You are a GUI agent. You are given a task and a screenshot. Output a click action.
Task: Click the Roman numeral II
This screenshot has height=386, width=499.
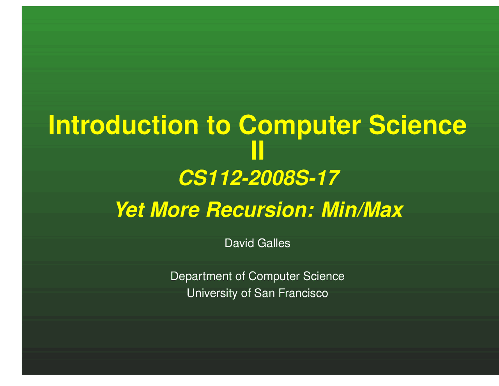[x=257, y=152]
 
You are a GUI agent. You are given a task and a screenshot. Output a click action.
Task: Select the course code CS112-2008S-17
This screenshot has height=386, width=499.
[x=258, y=179]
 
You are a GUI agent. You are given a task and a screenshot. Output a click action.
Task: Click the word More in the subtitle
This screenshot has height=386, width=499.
[x=175, y=210]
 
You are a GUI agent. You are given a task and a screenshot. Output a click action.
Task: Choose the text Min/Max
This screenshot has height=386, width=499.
[x=362, y=210]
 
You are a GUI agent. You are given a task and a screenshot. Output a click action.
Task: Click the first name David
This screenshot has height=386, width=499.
[x=239, y=244]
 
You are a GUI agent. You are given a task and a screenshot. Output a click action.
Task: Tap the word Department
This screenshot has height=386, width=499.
[x=202, y=276]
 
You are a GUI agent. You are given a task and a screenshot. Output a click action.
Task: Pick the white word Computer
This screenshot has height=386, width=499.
[x=274, y=277]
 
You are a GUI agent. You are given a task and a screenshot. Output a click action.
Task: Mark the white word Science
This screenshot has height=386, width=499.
[x=324, y=276]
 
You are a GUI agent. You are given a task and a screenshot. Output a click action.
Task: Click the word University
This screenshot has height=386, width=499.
[x=212, y=293]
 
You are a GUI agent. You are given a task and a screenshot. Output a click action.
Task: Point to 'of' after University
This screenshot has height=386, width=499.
[x=246, y=293]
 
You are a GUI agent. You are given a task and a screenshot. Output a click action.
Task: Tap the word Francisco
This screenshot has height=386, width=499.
[x=303, y=293]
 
